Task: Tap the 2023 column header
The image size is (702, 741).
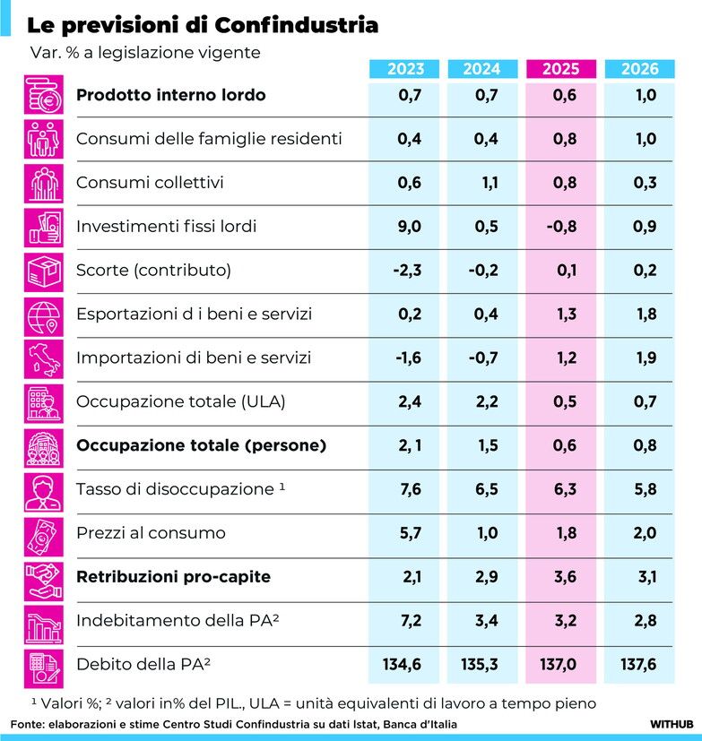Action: [406, 69]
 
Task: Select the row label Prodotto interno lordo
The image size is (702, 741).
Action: [170, 95]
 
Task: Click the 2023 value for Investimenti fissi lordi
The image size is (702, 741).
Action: [409, 227]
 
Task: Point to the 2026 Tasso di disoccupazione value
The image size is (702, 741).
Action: [644, 489]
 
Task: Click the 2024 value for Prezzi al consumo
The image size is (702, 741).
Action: [486, 533]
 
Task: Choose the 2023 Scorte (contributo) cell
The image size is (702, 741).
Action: [406, 271]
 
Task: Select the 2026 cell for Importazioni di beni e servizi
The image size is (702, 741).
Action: [644, 358]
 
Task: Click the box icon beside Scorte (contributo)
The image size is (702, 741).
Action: [44, 271]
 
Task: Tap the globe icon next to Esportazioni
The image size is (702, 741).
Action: [44, 314]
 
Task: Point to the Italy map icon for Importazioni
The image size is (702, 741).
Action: [44, 358]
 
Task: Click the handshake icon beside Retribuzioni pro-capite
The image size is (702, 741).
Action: [44, 577]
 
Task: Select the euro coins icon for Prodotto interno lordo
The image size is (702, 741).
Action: [44, 95]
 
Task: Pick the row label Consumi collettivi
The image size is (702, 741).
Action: [150, 183]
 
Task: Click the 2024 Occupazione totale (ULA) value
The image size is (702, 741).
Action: [486, 401]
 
